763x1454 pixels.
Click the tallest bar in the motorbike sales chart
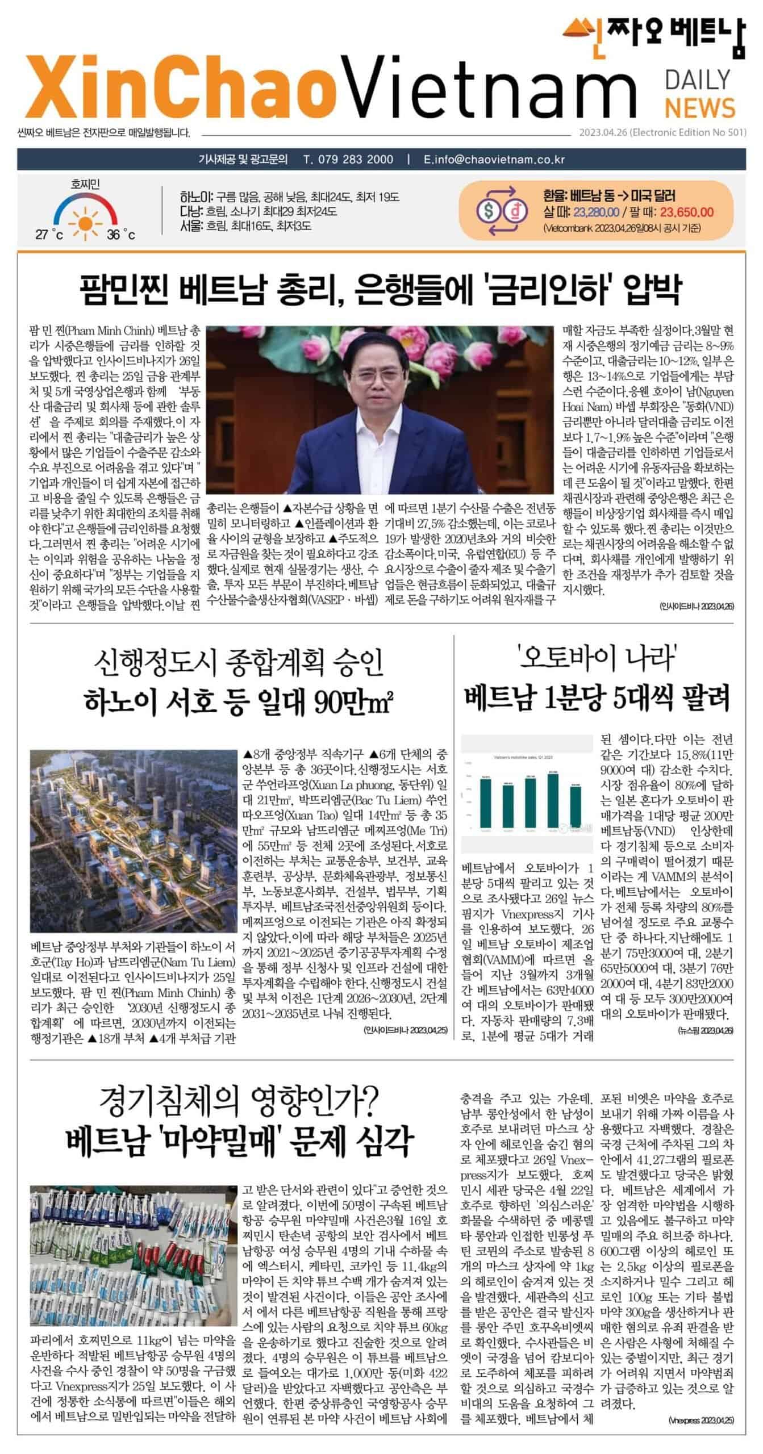pos(552,797)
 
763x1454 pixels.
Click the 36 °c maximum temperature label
pos(121,235)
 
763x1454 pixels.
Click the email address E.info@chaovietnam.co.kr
pos(494,159)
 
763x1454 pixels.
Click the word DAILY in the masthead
pos(697,80)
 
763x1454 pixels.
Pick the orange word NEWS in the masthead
pos(700,107)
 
